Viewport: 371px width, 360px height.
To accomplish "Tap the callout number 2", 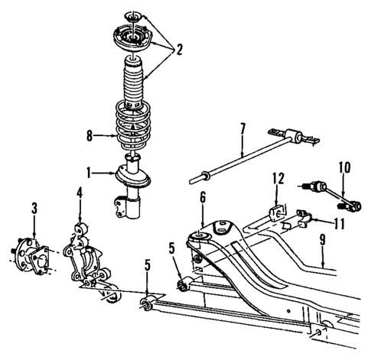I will tap(178, 50).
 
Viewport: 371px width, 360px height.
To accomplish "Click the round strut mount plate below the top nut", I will tap(132, 36).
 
